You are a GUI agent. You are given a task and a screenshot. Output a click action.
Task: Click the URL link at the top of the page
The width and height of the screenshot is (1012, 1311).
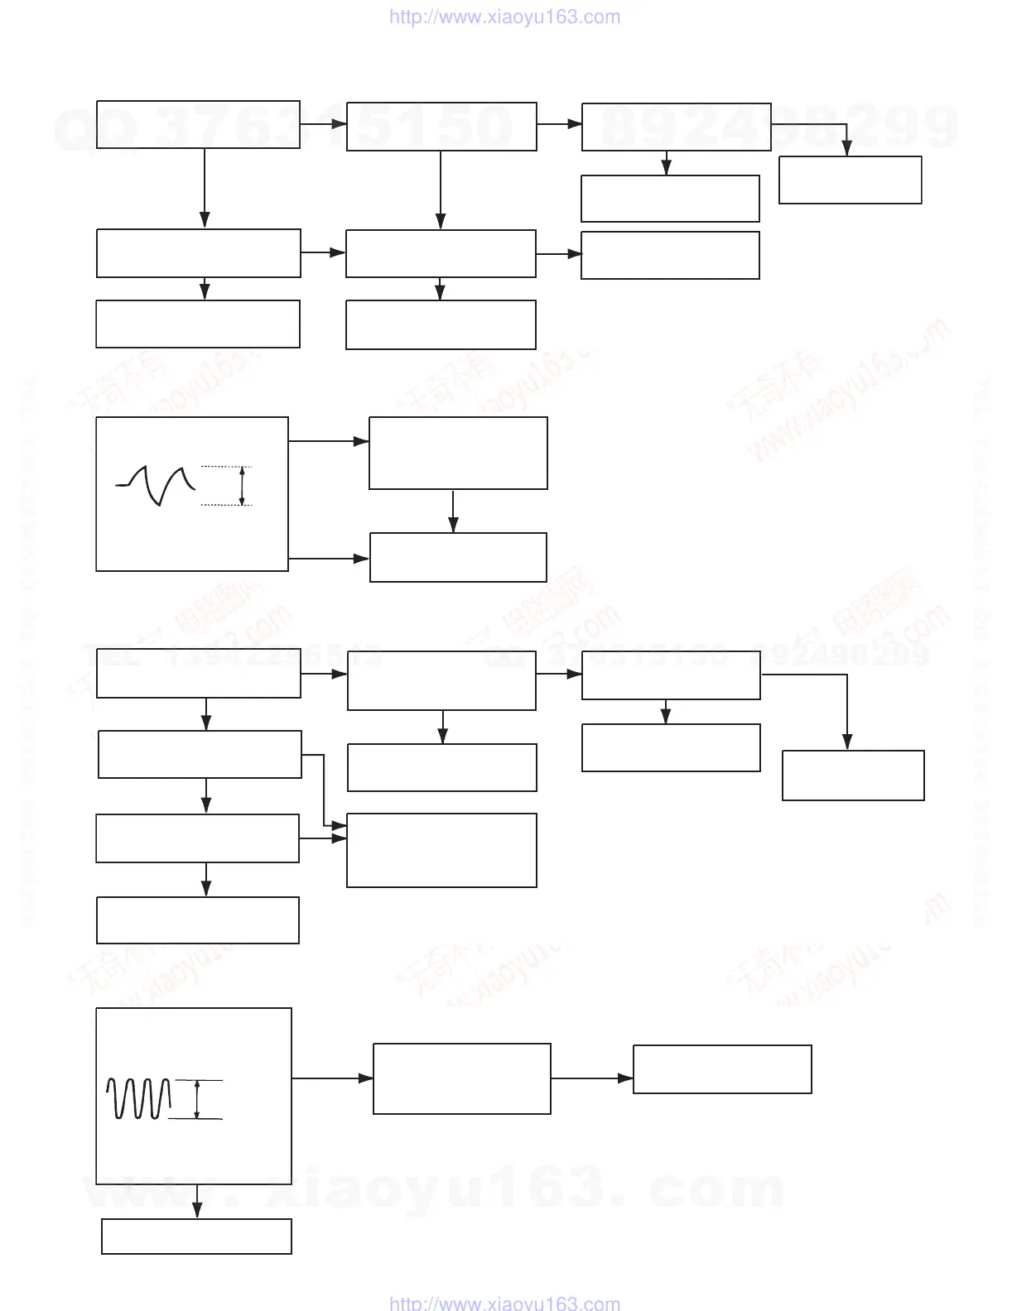pyautogui.click(x=504, y=17)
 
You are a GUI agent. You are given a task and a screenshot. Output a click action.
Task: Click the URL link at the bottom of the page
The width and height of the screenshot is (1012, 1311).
pyautogui.click(x=504, y=1302)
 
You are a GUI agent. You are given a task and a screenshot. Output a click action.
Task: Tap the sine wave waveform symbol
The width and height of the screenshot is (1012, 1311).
pyautogui.click(x=138, y=1098)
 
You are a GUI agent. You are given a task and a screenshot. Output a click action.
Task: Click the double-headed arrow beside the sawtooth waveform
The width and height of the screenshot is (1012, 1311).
pyautogui.click(x=242, y=486)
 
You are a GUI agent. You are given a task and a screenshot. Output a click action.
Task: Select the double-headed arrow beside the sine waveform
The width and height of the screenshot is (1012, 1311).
pyautogui.click(x=197, y=1100)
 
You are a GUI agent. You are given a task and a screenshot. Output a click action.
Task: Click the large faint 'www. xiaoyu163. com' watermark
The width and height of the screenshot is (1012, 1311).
pyautogui.click(x=434, y=1189)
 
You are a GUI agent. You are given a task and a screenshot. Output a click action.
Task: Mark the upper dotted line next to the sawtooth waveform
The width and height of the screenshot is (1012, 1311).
pyautogui.click(x=226, y=468)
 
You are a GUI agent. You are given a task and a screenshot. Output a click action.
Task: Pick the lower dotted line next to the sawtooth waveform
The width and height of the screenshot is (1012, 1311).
pyautogui.click(x=226, y=504)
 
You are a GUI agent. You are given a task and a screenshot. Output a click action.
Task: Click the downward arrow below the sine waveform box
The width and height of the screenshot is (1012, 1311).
pyautogui.click(x=197, y=1201)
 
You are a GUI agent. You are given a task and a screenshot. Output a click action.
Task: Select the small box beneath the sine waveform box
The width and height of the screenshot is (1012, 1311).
pyautogui.click(x=196, y=1237)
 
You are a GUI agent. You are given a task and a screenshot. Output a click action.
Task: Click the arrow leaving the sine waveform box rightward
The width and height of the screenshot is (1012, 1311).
pyautogui.click(x=332, y=1078)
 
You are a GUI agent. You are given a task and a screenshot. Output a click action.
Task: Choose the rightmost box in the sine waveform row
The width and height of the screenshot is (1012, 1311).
pyautogui.click(x=722, y=1069)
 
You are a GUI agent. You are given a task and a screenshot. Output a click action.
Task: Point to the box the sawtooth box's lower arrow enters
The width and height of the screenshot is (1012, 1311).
pyautogui.click(x=458, y=558)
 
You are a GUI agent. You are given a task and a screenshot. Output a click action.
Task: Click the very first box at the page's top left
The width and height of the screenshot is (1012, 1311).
pyautogui.click(x=198, y=125)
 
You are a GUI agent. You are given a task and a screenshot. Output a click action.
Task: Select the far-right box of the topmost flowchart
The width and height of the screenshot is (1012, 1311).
pyautogui.click(x=851, y=180)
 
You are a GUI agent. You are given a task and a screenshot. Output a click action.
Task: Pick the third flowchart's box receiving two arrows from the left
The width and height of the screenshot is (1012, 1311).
pyautogui.click(x=441, y=850)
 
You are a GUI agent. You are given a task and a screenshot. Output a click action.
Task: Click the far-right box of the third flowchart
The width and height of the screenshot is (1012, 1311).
pyautogui.click(x=853, y=776)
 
